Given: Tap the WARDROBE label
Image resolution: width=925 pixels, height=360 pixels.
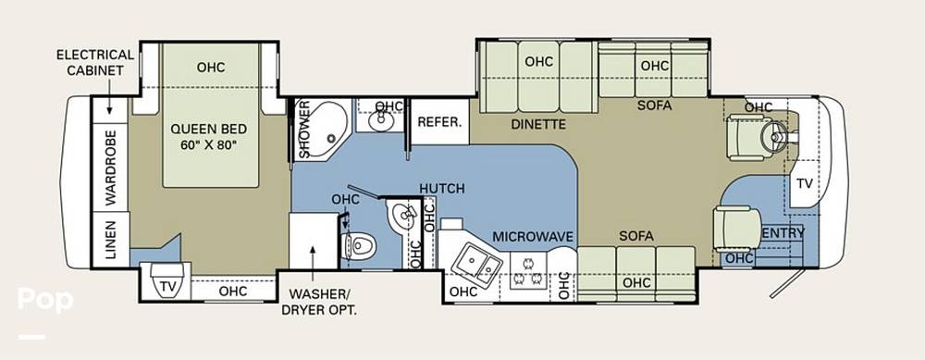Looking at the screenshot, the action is [x=111, y=168].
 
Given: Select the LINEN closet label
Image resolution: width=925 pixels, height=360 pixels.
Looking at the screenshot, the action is [x=110, y=240].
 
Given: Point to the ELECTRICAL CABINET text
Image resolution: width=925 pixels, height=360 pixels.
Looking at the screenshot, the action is [x=95, y=63].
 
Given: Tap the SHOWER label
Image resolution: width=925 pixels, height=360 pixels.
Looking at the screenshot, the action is [x=304, y=130].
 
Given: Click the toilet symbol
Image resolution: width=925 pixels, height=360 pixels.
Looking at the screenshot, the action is [x=359, y=244].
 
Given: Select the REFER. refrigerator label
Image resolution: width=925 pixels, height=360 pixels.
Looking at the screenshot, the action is [x=438, y=122].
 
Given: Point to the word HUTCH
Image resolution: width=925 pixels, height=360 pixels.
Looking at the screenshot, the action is [x=442, y=188].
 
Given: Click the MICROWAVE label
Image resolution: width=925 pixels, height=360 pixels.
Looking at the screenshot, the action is [x=533, y=237].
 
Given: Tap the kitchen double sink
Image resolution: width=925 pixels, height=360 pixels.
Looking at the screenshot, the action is [x=476, y=265].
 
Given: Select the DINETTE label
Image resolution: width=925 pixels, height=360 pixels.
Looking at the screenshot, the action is [x=538, y=125].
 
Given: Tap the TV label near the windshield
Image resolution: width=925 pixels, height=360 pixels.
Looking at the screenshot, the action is [x=804, y=183].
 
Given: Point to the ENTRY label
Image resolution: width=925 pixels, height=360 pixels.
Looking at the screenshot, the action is [x=783, y=233].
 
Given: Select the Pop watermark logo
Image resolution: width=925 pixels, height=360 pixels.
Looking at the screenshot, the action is [x=45, y=299].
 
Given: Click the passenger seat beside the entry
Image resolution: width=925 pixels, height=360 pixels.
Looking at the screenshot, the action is [x=737, y=229].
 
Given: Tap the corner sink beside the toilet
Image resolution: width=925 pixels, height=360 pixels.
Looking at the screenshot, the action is [x=403, y=217].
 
